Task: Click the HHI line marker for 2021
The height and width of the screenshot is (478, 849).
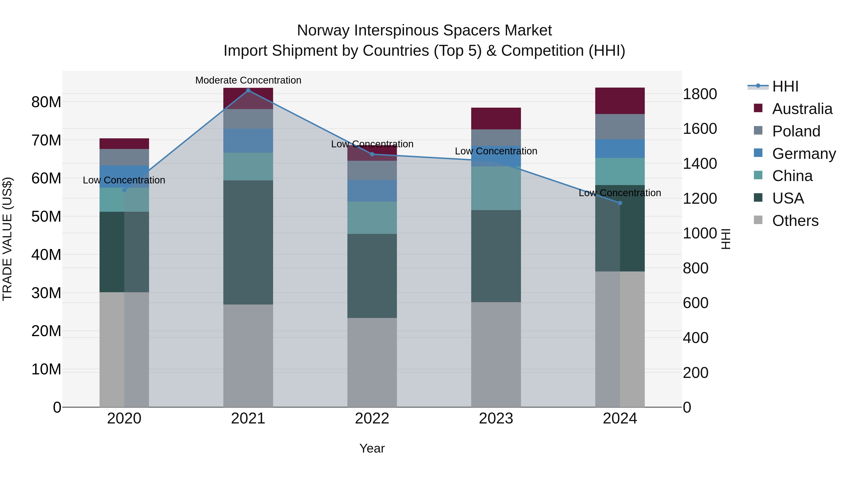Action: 248,90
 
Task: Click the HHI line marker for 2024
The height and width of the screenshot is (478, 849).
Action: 620,203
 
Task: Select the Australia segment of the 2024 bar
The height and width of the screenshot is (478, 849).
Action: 620,101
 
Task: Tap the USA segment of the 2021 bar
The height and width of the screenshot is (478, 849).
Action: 248,242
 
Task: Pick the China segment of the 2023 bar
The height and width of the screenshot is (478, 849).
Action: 496,188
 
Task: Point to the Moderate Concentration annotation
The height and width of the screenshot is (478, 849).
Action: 248,80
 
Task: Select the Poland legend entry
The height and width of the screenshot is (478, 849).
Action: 796,131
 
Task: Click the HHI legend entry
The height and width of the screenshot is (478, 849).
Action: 785,86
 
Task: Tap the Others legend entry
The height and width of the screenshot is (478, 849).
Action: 795,221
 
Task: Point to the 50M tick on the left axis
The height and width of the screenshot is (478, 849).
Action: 46,217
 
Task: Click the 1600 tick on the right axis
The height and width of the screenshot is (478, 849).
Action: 700,129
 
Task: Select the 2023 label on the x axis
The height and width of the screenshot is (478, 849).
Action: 496,419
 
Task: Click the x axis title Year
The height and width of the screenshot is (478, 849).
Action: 372,448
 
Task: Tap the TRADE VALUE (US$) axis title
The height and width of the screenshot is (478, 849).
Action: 7,239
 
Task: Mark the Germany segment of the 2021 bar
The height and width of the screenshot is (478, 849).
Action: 248,140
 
